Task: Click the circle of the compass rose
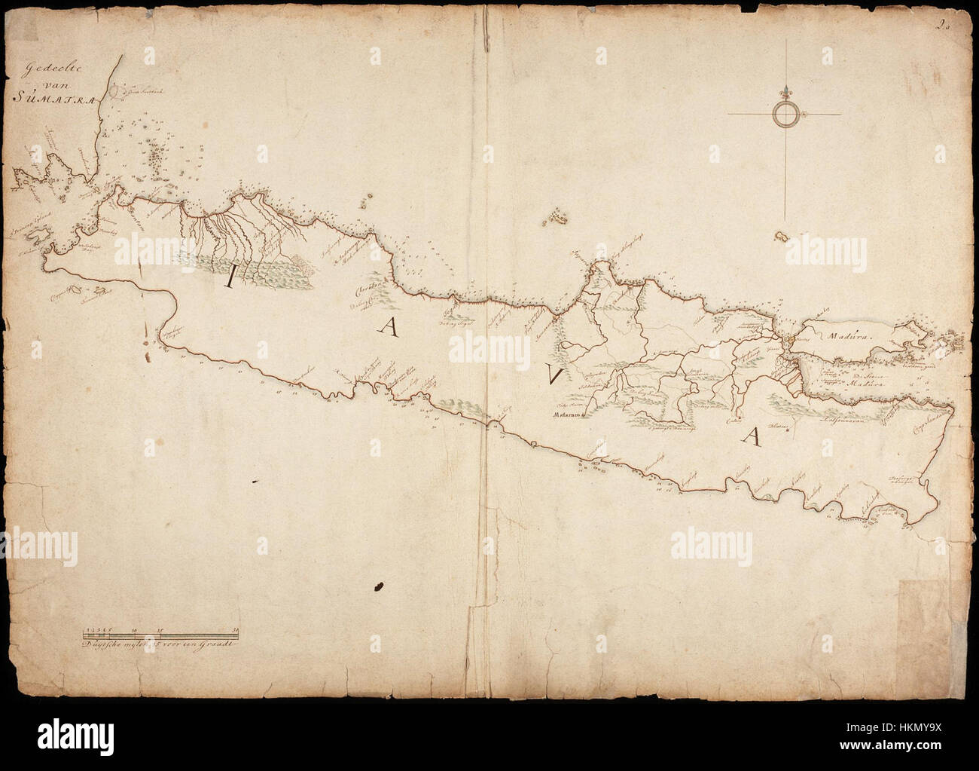pyautogui.click(x=785, y=115)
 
